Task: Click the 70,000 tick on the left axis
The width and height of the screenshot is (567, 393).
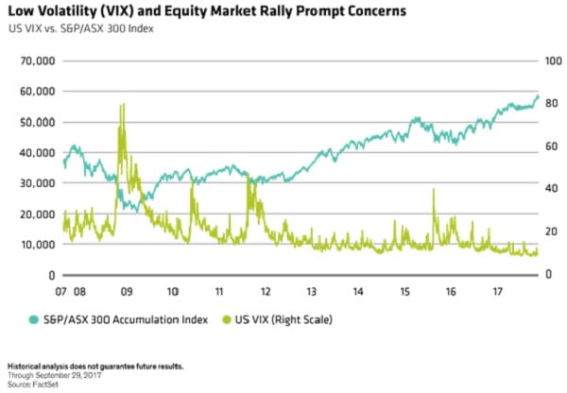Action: (31, 60)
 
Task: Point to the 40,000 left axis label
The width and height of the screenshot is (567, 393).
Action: (31, 152)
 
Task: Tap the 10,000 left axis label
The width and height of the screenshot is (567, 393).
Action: (31, 245)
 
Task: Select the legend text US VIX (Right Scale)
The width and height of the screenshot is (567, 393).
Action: (283, 319)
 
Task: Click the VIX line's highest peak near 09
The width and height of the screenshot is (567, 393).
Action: (122, 104)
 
